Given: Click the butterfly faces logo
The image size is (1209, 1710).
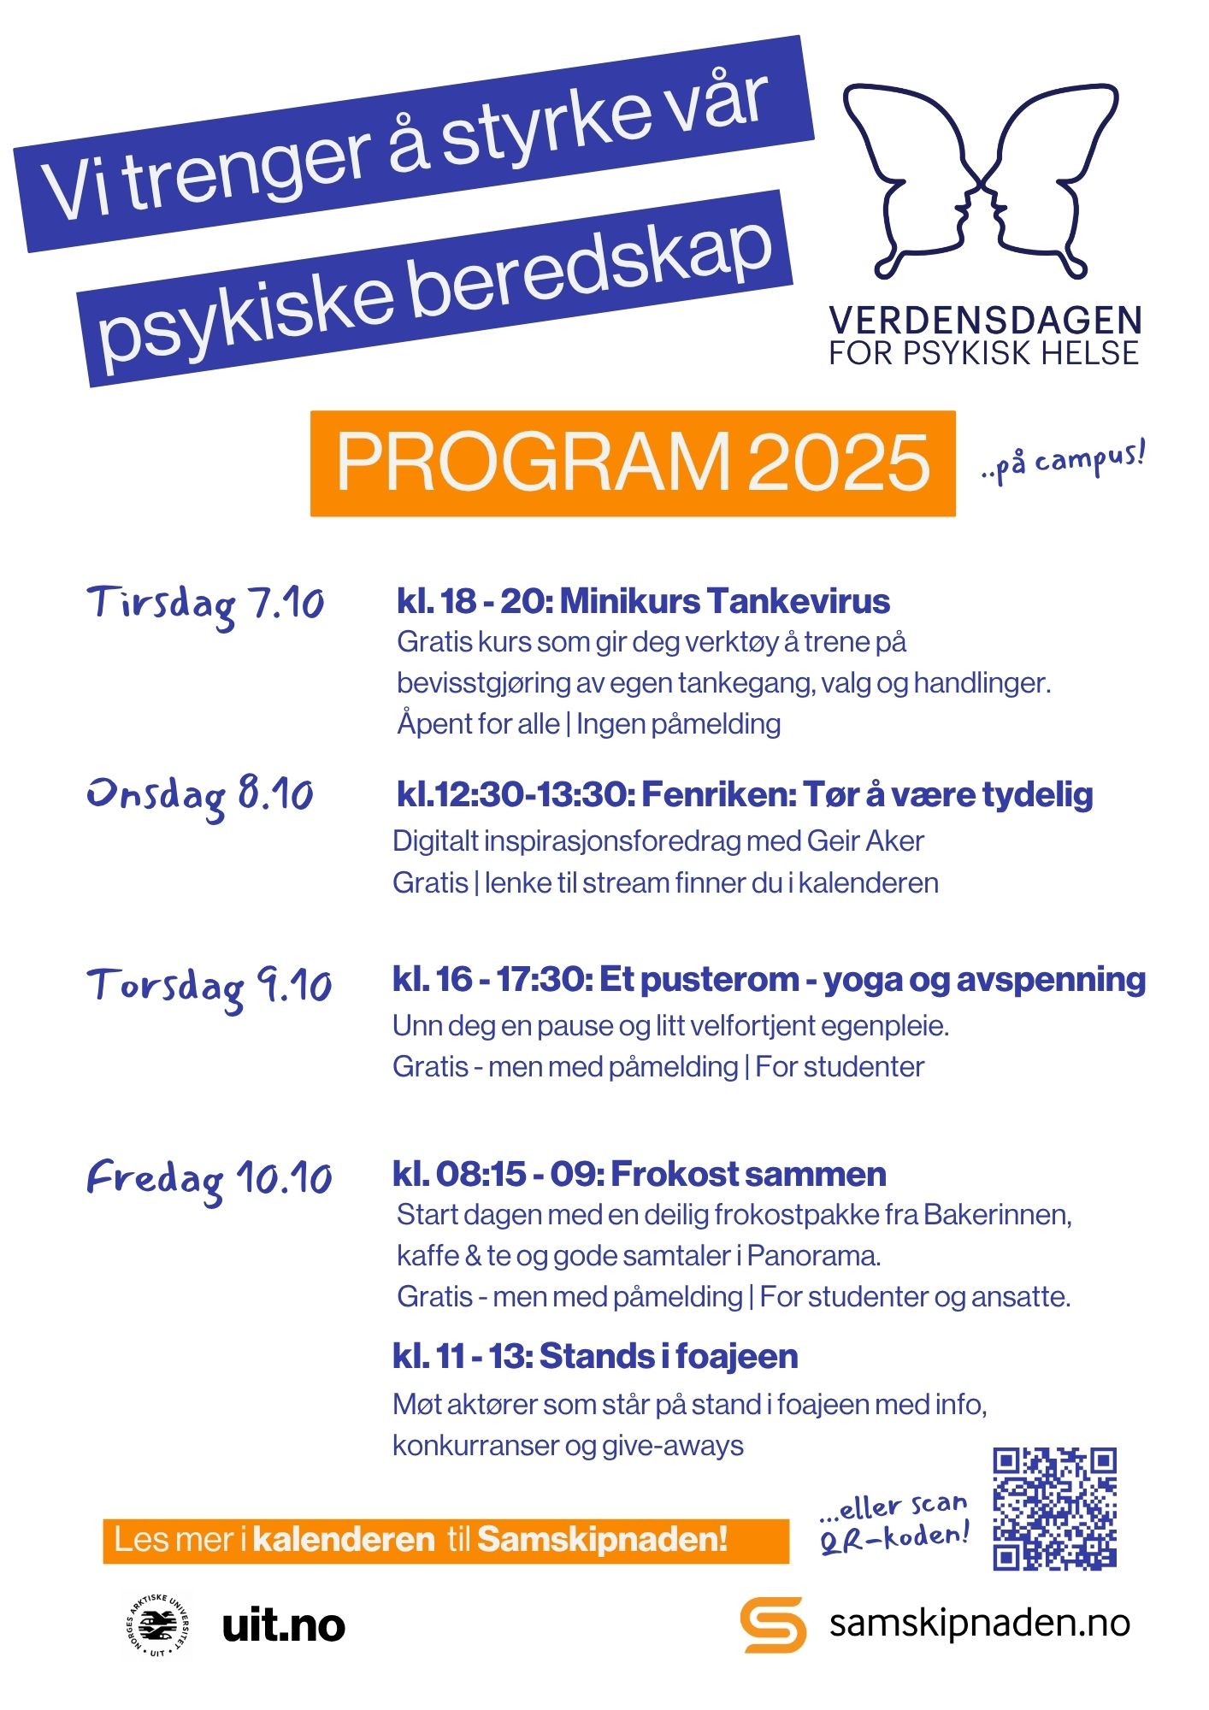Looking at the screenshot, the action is click(x=982, y=180).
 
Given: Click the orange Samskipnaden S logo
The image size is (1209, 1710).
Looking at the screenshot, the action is click(x=772, y=1624).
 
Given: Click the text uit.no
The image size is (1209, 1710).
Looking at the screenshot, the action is click(x=283, y=1625).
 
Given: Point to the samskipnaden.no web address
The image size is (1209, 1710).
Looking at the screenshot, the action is click(x=979, y=1622).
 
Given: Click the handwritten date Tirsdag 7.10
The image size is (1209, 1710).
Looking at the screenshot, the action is click(x=205, y=604).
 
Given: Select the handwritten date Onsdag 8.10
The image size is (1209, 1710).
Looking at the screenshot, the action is click(x=200, y=796).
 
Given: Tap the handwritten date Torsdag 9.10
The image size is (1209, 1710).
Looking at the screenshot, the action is click(x=209, y=987).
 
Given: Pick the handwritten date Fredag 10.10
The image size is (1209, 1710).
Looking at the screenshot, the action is click(x=209, y=1179).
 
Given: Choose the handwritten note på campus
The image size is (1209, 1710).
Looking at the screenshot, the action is click(x=1064, y=462).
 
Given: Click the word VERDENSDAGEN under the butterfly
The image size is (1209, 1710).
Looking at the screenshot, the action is click(x=985, y=321).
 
